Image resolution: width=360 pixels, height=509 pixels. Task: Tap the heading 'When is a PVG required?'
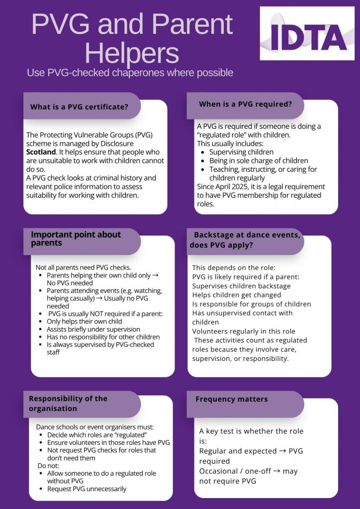[x=245, y=104]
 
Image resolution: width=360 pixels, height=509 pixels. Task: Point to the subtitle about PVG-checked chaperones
[x=130, y=73]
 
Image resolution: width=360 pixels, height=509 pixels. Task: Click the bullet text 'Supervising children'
[x=241, y=152]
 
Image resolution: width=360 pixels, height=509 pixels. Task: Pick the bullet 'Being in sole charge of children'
[x=259, y=161]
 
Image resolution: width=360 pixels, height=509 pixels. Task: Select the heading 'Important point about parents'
[x=76, y=239]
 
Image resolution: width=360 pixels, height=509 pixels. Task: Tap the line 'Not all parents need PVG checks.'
[x=83, y=267]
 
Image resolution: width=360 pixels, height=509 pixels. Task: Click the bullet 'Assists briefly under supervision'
[x=93, y=329]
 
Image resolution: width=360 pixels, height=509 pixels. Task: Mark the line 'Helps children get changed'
[x=236, y=295]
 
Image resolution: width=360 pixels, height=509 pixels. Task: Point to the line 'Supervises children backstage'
[x=241, y=286]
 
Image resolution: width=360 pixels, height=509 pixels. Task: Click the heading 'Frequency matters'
[x=232, y=399]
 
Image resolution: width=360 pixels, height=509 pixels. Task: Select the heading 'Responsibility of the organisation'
[x=68, y=403]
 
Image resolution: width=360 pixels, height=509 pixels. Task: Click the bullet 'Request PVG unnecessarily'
[x=87, y=489]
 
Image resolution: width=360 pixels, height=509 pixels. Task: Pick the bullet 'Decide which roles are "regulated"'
[x=98, y=434]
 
